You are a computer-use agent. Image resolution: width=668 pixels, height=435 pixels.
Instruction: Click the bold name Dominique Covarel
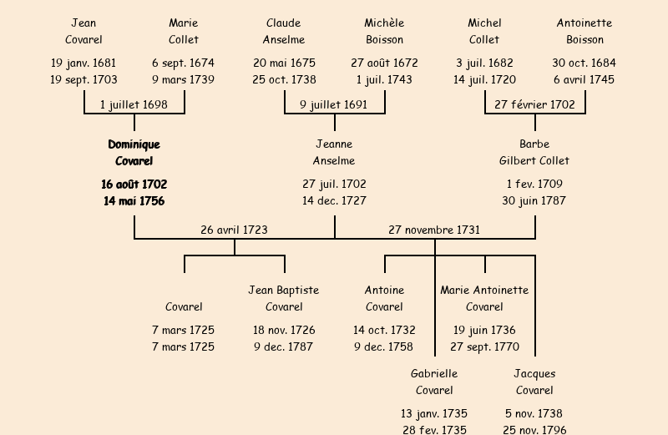[x=134, y=153]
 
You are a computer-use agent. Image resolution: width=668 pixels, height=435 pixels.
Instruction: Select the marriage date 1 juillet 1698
[x=134, y=105]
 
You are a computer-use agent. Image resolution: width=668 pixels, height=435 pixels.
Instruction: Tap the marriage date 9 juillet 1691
[x=334, y=105]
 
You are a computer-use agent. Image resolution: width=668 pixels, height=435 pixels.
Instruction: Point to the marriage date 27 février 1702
[x=534, y=105]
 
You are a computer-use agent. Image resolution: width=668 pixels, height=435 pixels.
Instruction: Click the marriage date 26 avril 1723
[x=234, y=230]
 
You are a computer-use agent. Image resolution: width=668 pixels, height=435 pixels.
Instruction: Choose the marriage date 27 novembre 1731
[x=434, y=230]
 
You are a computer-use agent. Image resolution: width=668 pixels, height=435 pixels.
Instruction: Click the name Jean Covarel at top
[x=83, y=31]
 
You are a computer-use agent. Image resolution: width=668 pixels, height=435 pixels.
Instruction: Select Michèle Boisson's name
[x=384, y=31]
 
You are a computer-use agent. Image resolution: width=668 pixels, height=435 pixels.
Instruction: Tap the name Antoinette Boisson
[x=584, y=31]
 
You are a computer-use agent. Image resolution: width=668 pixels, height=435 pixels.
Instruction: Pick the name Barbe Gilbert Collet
[x=534, y=153]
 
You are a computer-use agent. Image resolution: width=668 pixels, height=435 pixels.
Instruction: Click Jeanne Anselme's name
[x=334, y=153]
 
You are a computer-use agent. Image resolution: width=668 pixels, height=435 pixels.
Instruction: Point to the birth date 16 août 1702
[x=134, y=184]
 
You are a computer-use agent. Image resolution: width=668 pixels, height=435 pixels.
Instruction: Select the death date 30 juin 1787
[x=534, y=200]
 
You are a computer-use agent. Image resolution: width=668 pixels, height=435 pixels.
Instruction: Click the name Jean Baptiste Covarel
[x=284, y=298]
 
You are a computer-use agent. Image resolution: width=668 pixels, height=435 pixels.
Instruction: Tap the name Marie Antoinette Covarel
[x=484, y=298]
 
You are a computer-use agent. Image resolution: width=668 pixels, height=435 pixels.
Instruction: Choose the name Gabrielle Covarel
[x=434, y=382]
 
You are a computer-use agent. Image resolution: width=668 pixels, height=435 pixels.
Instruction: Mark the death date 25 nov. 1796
[x=534, y=430]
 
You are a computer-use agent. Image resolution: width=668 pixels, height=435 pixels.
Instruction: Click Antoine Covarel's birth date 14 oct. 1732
[x=384, y=330]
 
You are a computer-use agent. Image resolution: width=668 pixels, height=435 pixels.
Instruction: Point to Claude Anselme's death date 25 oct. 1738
[x=284, y=79]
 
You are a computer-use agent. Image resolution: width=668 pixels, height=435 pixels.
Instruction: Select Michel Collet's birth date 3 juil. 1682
[x=484, y=63]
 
